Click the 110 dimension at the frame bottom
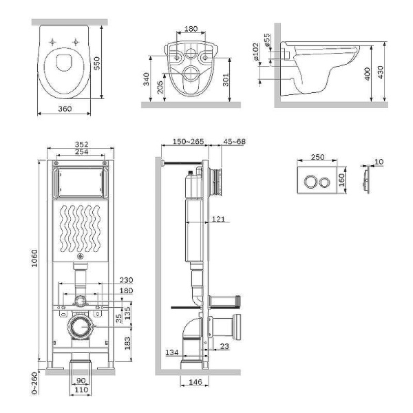coord(81,391)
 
